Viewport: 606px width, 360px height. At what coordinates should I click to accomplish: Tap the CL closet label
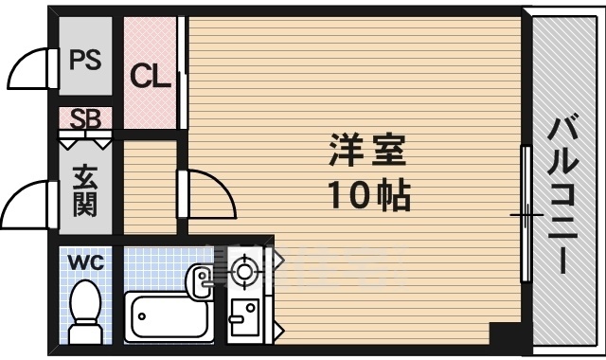151,75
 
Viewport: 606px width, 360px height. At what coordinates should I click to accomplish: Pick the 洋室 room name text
366,151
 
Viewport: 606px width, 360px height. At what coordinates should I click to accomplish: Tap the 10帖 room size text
367,195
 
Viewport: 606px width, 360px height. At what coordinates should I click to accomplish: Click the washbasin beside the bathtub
201,279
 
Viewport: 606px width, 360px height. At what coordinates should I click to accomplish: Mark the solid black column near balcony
505,334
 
